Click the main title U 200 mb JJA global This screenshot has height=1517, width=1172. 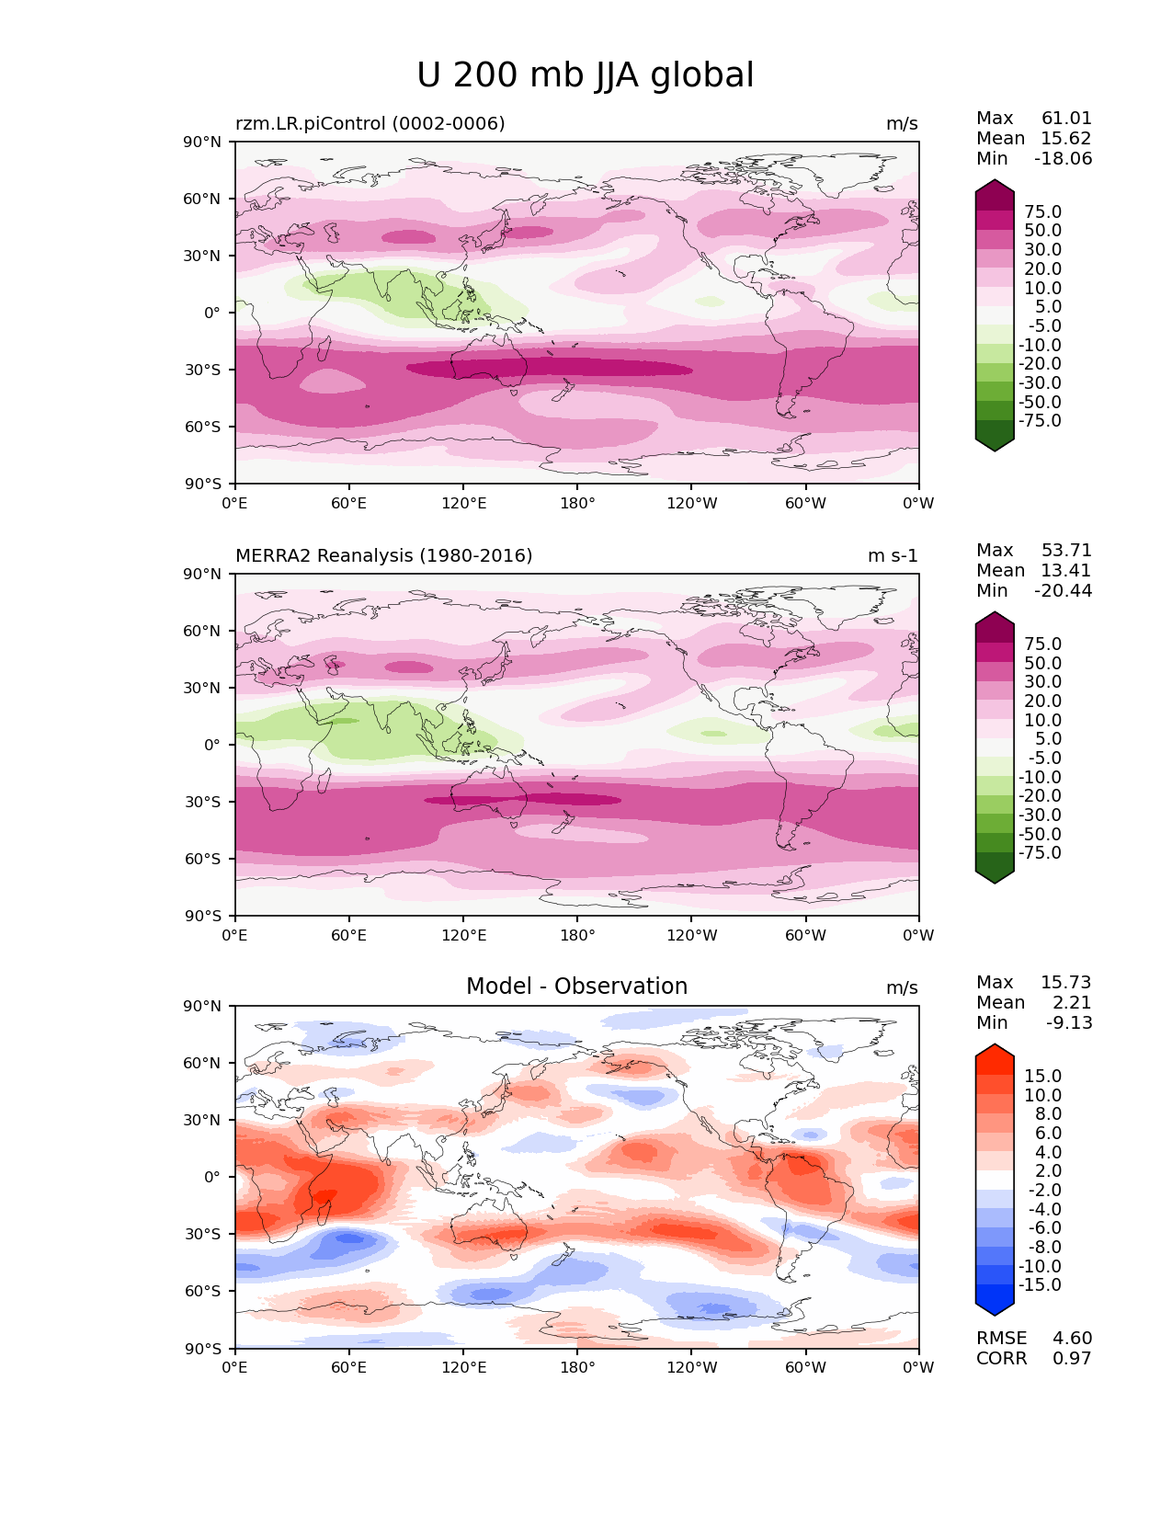pos(585,75)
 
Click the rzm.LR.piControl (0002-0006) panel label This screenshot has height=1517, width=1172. pos(370,123)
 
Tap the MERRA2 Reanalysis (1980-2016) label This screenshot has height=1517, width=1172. pos(383,555)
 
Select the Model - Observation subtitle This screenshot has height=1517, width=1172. pos(576,987)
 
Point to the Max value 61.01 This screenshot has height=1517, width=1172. pos(1066,118)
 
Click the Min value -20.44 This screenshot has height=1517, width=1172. pos(1064,590)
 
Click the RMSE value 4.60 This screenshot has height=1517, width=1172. pos(1073,1338)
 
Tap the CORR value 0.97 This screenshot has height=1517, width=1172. pos(1073,1358)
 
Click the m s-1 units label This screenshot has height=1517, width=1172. pos(893,555)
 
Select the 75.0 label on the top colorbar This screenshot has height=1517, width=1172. pos(1042,211)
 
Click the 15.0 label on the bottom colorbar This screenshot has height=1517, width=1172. pos(1042,1076)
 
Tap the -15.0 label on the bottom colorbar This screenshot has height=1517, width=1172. pos(1040,1284)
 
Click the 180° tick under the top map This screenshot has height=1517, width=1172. pos(577,503)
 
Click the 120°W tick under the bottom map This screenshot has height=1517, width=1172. pos(691,1367)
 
